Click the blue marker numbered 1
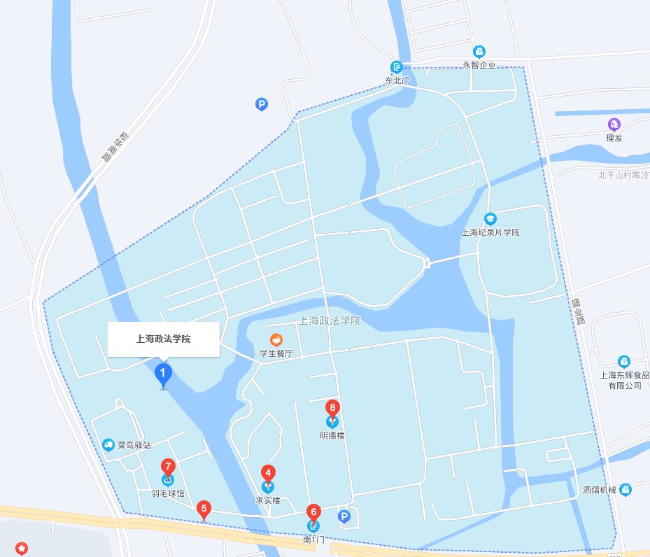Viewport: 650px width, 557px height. (x=163, y=374)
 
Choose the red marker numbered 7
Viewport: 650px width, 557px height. (x=168, y=466)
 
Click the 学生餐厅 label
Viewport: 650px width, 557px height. (x=276, y=354)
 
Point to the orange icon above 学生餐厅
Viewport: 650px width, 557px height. (x=276, y=340)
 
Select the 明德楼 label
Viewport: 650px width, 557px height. (x=332, y=435)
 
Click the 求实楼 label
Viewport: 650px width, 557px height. (x=267, y=500)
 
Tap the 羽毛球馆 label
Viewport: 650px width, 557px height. (x=167, y=493)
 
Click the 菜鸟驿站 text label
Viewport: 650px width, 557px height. (x=134, y=444)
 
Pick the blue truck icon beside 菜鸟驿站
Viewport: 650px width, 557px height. (x=108, y=444)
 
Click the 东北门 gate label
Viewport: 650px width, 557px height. (x=397, y=80)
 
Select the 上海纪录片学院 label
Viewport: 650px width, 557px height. (x=490, y=232)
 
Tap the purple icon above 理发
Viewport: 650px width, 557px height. (x=614, y=125)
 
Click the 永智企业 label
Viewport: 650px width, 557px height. (x=479, y=65)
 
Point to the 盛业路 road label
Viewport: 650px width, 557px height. (x=577, y=309)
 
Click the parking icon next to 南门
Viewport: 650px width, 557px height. (x=344, y=516)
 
